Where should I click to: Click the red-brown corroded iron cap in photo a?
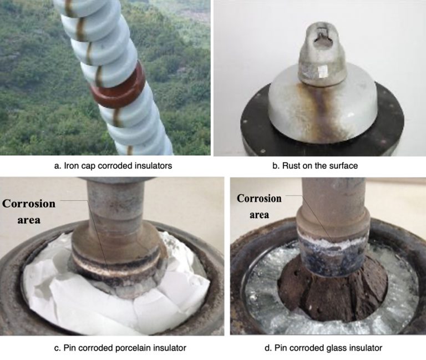pos(117,85)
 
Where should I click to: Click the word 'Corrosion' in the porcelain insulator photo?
pos(29,204)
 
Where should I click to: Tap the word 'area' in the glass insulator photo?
pos(259,215)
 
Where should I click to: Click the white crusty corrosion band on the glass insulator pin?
pos(333,240)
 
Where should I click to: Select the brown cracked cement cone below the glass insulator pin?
pos(332,293)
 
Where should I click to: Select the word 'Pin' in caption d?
pos(280,348)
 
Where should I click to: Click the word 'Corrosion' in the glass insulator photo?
pos(259,199)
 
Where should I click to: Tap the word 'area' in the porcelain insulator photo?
pos(29,220)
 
